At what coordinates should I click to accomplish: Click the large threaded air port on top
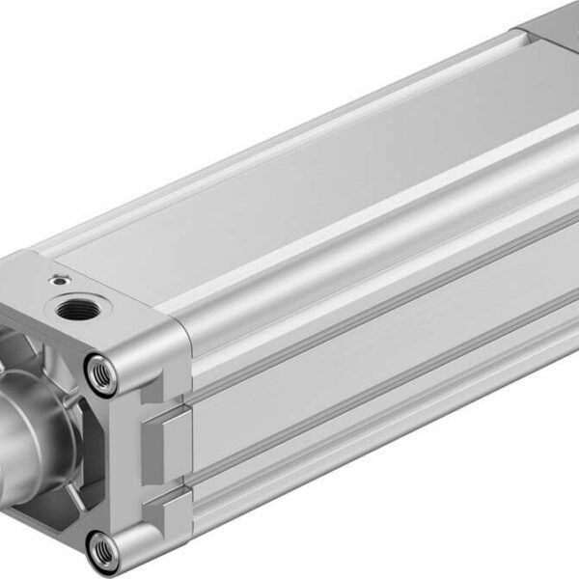[x=76, y=312]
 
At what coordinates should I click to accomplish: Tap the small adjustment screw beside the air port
[x=59, y=281]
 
